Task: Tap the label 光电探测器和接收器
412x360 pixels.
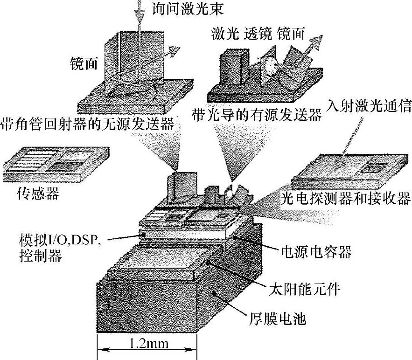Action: coord(345,199)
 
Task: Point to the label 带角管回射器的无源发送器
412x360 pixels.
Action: coord(88,124)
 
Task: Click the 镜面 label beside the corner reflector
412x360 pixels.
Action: coord(84,63)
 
